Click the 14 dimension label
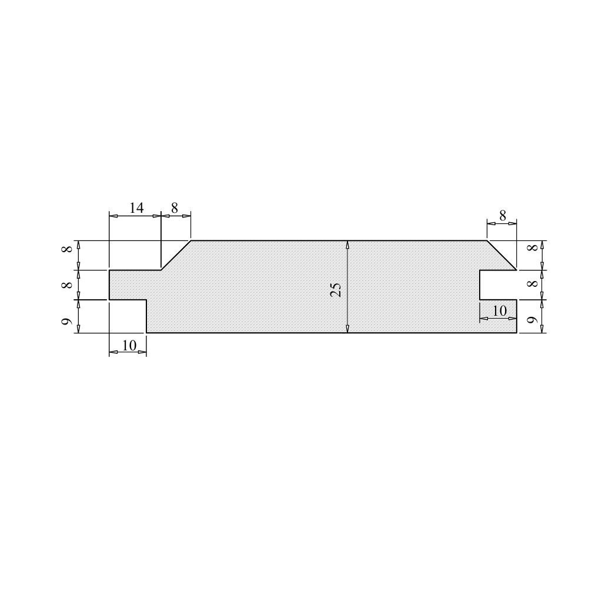point(136,208)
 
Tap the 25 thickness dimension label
point(336,290)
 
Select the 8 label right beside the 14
point(175,208)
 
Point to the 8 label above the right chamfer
point(503,216)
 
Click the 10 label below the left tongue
point(129,346)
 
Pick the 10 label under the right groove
point(500,310)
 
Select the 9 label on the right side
point(531,319)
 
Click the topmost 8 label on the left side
point(67,249)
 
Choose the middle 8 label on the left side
point(67,285)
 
